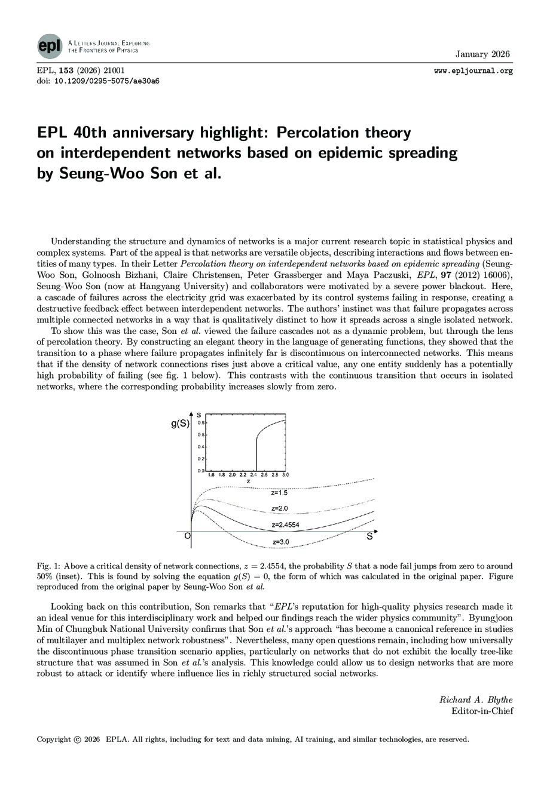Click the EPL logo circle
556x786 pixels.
point(49,47)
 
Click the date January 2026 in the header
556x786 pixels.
point(482,54)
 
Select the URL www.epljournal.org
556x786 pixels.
point(473,71)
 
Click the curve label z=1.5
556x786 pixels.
point(279,493)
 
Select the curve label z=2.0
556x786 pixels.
point(279,508)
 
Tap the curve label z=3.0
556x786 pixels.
point(280,542)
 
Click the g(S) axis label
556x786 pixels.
point(180,424)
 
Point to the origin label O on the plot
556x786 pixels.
point(187,536)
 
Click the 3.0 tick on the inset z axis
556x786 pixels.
point(285,475)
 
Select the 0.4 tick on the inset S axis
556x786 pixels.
point(201,447)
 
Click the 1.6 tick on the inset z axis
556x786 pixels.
point(210,475)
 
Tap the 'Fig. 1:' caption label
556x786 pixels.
point(49,566)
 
